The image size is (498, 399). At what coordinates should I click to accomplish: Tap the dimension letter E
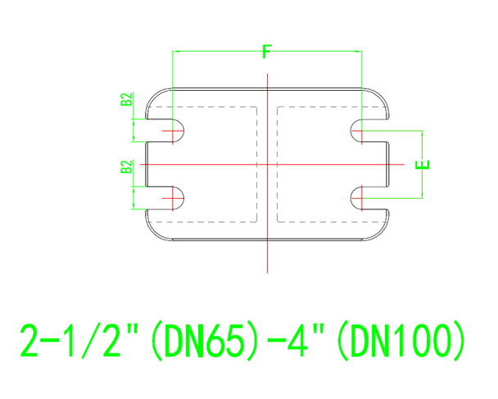tap(423, 164)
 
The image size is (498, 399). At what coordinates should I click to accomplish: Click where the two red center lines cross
tap(268, 164)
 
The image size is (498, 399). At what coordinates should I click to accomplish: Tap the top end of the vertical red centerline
tap(268, 74)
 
